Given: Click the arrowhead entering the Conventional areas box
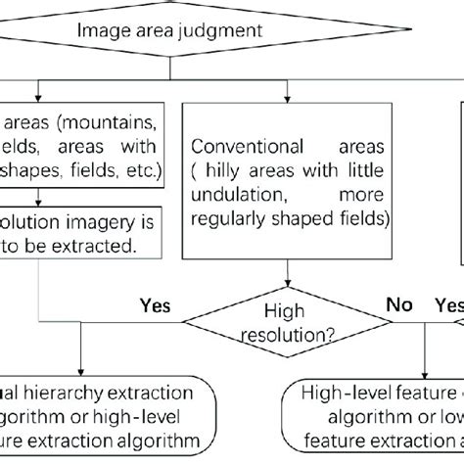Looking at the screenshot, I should tap(287, 95).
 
